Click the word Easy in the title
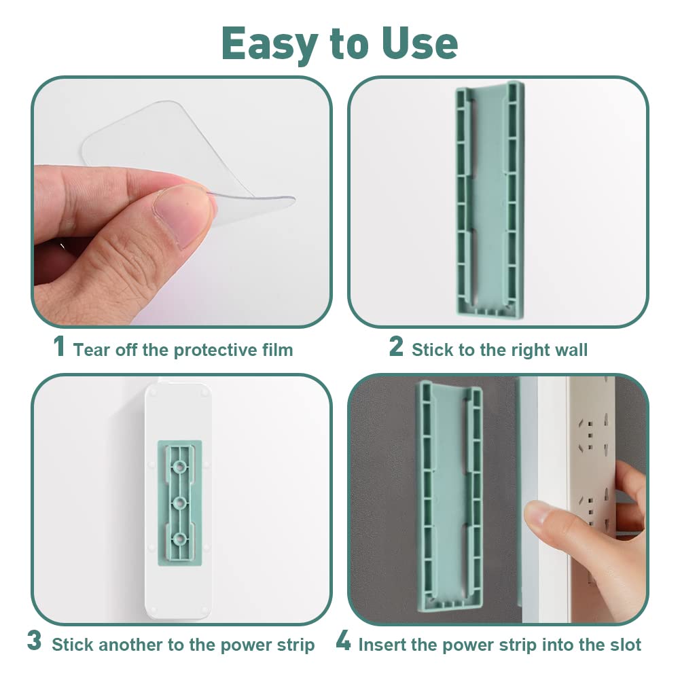click(x=270, y=44)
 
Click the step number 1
click(x=59, y=346)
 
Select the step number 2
click(x=396, y=346)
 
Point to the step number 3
click(x=34, y=641)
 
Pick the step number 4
click(x=343, y=641)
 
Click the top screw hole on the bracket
click(x=179, y=467)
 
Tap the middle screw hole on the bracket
click(x=179, y=503)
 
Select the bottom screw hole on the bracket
click(x=179, y=539)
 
